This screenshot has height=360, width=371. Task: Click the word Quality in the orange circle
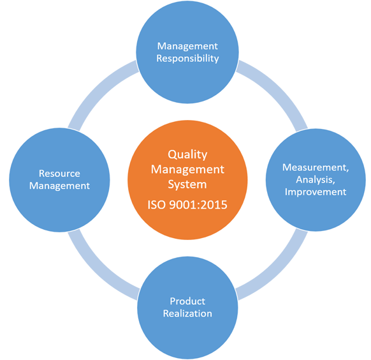pyautogui.click(x=187, y=155)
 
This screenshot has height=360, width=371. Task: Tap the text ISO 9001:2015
pyautogui.click(x=187, y=205)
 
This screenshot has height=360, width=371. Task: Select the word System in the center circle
pyautogui.click(x=187, y=184)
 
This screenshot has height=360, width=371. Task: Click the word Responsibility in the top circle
pyautogui.click(x=187, y=59)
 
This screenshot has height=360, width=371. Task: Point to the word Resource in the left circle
pyautogui.click(x=59, y=174)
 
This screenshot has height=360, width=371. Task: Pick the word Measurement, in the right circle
pyautogui.click(x=316, y=168)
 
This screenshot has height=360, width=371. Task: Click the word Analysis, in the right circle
pyautogui.click(x=316, y=180)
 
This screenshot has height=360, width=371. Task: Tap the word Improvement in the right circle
pyautogui.click(x=316, y=192)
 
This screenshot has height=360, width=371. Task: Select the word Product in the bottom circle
pyautogui.click(x=187, y=301)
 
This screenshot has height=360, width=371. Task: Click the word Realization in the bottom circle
pyautogui.click(x=187, y=313)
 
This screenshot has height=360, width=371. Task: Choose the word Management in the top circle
pyautogui.click(x=187, y=47)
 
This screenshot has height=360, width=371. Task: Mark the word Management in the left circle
pyautogui.click(x=59, y=186)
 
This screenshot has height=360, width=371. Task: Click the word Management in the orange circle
pyautogui.click(x=187, y=170)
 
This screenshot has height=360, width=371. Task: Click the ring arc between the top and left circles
pyautogui.click(x=96, y=89)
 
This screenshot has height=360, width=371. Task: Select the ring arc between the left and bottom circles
pyautogui.click(x=96, y=271)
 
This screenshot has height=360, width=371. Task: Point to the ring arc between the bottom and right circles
pyautogui.click(x=279, y=271)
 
